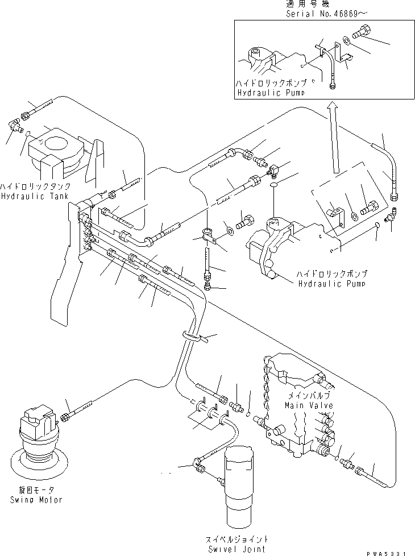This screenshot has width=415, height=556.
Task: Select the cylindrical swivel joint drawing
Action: point(244,486)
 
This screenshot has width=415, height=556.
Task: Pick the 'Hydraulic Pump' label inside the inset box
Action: point(269,92)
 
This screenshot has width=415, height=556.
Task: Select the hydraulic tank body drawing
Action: point(60,153)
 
